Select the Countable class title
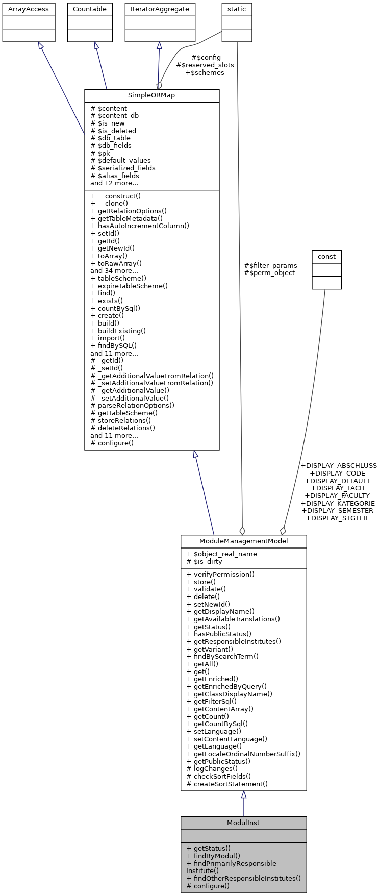coord(90,9)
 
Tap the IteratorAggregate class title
coord(160,9)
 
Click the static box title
coord(237,9)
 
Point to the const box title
coord(326,256)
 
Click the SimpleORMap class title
coord(151,96)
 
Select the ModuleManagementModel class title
coord(243,541)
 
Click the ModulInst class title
coord(243,823)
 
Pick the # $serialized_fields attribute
coord(123,168)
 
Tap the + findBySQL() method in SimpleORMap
coord(113,345)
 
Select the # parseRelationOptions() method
coord(132,406)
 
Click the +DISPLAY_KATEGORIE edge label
coord(339,503)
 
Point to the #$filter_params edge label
coord(270,265)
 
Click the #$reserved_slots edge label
coord(205,65)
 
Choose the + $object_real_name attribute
coord(221,554)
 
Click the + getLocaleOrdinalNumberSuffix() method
coord(243,754)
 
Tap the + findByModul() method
coord(213,856)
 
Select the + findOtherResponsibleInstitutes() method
coord(243,878)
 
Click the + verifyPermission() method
coord(220,574)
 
